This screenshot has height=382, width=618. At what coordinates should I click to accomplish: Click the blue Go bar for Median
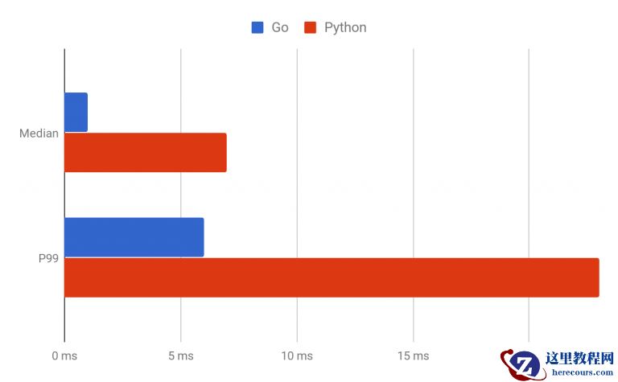(76, 113)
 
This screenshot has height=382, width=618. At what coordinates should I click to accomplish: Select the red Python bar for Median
(145, 153)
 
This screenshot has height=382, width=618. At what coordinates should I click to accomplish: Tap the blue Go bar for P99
(134, 237)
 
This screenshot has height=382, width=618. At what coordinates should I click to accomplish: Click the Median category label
(39, 133)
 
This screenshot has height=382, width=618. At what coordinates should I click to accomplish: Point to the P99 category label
(49, 258)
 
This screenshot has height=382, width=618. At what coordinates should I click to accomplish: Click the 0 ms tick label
(64, 355)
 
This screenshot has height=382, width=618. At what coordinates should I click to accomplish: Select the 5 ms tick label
(180, 355)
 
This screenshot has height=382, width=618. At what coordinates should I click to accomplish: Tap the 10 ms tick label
(297, 355)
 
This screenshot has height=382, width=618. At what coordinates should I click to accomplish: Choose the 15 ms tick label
(413, 355)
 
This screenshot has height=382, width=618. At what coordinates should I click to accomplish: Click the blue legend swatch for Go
(257, 27)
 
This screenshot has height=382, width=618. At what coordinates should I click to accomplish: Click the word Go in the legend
(279, 27)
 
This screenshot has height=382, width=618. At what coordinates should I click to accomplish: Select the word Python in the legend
(345, 27)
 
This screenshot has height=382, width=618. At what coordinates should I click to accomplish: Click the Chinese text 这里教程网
(579, 359)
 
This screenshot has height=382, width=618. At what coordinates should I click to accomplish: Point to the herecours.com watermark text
(579, 372)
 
